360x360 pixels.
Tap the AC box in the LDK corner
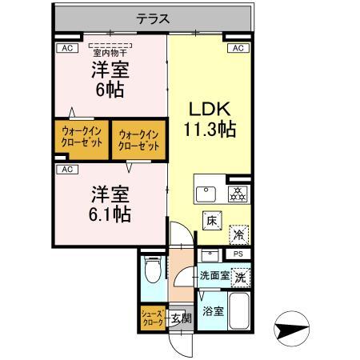238,49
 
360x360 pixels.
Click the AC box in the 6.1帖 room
67,169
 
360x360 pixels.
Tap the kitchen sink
206,194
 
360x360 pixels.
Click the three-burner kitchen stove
237,193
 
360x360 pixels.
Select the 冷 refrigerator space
238,234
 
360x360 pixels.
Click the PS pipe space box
237,254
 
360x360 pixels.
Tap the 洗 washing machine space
239,276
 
